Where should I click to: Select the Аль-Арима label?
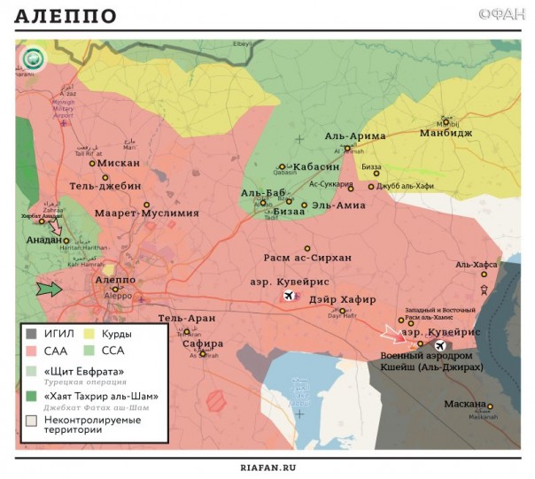click(x=355, y=135)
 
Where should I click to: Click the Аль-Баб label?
click(x=262, y=192)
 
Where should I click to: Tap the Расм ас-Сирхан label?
click(x=306, y=258)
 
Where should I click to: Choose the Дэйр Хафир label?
click(x=343, y=299)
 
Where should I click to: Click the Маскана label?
click(x=465, y=405)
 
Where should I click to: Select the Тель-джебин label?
click(x=107, y=187)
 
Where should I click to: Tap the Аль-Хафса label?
click(x=477, y=264)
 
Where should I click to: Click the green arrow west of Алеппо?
click(x=50, y=289)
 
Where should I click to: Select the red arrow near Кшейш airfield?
click(x=391, y=334)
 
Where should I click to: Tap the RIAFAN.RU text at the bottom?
click(x=267, y=467)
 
